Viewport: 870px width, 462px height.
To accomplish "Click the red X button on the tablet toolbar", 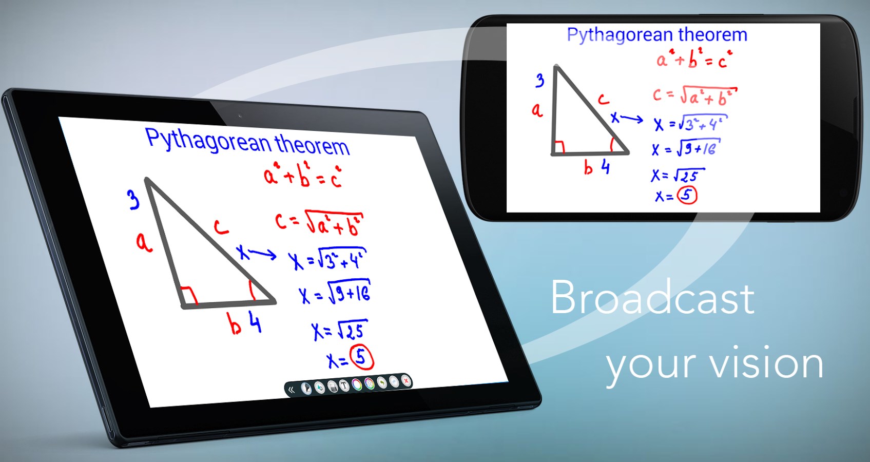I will (x=406, y=381).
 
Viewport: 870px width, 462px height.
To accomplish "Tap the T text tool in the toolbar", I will (x=344, y=386).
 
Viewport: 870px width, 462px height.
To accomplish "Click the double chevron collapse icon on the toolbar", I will (x=292, y=390).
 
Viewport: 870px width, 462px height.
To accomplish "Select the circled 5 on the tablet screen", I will (x=361, y=358).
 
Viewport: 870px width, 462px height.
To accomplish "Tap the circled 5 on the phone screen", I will (x=687, y=195).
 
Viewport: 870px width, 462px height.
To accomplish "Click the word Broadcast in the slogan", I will (x=652, y=298).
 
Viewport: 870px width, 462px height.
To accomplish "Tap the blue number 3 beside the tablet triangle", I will (x=133, y=200).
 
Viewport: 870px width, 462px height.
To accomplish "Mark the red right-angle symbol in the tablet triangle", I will (x=189, y=295).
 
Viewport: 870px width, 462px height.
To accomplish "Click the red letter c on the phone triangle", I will (x=603, y=99).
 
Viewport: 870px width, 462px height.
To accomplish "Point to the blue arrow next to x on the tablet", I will (x=263, y=254).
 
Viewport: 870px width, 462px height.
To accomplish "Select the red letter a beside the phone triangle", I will (x=537, y=110).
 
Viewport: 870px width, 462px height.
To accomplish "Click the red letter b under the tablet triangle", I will (x=235, y=324).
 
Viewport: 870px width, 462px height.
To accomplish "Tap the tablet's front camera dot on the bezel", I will (x=239, y=116).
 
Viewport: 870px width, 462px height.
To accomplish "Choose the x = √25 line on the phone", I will (x=678, y=176).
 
